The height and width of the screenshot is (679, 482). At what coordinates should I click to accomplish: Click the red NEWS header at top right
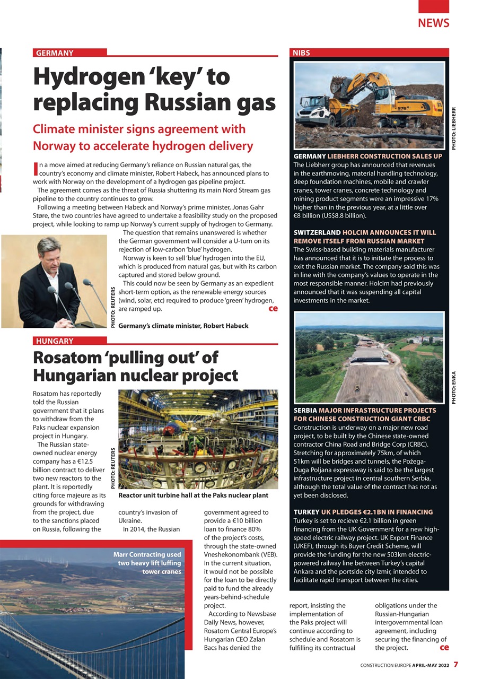coord(433,23)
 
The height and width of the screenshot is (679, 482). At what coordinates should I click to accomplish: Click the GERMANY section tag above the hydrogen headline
coord(55,53)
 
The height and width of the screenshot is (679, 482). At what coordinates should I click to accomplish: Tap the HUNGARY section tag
coord(55,341)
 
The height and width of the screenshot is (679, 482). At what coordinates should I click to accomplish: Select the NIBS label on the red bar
coord(301,53)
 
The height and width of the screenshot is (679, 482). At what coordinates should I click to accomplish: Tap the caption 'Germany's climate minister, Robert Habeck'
coord(183,325)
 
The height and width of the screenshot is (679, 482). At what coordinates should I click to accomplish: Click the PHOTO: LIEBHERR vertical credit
coord(453,128)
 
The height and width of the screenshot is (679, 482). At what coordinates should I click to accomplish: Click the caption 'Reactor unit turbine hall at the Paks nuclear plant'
coord(194,495)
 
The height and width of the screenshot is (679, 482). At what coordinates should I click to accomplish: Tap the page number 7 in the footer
coord(455,664)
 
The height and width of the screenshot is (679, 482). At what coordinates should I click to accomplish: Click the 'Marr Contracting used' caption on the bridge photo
coord(147,554)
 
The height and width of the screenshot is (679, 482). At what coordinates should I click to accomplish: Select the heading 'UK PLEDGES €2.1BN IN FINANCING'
coord(377,512)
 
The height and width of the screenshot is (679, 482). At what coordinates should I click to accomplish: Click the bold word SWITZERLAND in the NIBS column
coord(317,232)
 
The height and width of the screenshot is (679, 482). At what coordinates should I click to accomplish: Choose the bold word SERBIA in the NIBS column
coord(305,411)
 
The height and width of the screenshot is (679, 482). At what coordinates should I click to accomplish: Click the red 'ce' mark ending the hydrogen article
coord(273,308)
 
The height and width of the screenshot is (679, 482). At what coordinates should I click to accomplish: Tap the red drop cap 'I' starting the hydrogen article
coord(36,168)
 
